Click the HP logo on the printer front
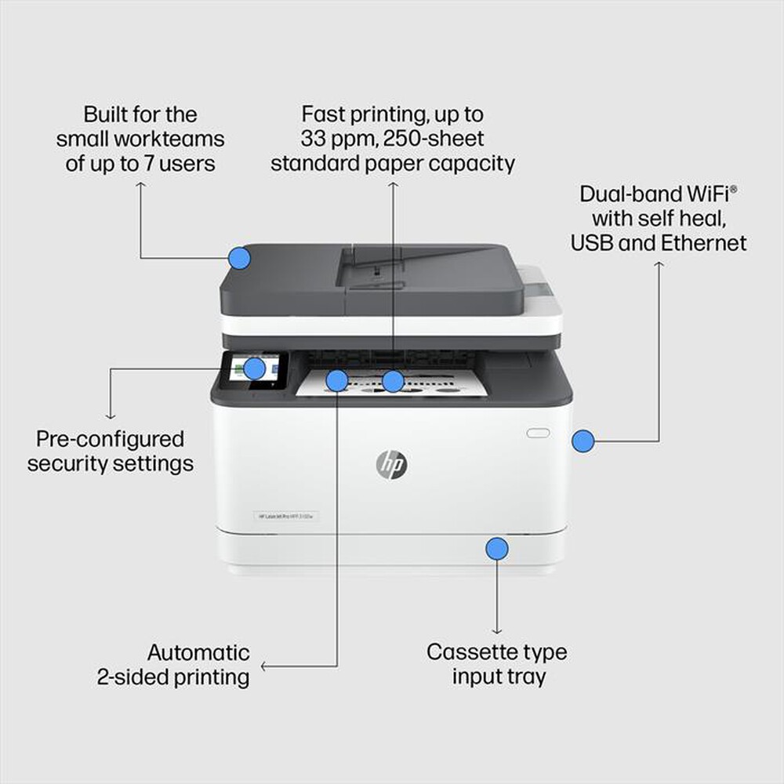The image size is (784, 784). pos(391,465)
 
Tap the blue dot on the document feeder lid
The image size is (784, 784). pos(239,258)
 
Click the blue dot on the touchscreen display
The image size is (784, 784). pos(254,368)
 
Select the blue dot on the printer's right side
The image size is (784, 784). pos(582,441)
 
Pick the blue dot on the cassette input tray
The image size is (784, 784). pos(496,548)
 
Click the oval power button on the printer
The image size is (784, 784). pos(538,433)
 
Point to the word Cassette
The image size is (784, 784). pos(463,652)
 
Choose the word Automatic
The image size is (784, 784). pos(198,652)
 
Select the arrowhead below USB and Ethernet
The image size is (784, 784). pos(659,266)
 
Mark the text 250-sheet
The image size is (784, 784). pos(440,139)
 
